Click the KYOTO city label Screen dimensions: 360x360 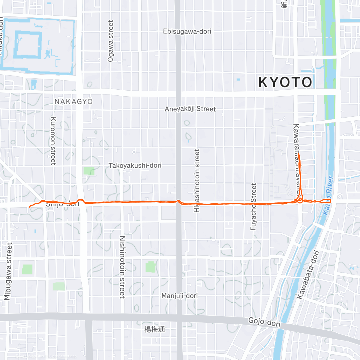tap(285, 82)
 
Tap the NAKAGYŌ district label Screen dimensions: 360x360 tap(73, 101)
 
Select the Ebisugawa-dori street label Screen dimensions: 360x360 tap(187, 31)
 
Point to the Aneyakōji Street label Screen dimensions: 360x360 tap(190, 109)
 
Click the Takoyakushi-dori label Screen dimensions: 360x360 tap(135, 165)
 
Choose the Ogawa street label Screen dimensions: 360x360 tap(111, 41)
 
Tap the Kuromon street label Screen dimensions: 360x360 tap(53, 141)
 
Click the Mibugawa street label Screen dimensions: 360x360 tap(8, 271)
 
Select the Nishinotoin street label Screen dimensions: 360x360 tap(122, 267)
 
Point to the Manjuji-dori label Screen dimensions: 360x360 tap(179, 296)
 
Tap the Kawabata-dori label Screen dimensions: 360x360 tap(308, 275)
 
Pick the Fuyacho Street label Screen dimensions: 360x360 tap(253, 207)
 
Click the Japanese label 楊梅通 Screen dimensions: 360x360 tap(154, 329)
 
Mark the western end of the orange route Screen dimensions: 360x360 tap(29, 207)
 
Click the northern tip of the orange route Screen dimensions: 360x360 tap(298, 154)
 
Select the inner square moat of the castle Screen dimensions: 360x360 tap(28, 45)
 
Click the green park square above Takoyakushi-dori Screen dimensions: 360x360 tap(89, 171)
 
